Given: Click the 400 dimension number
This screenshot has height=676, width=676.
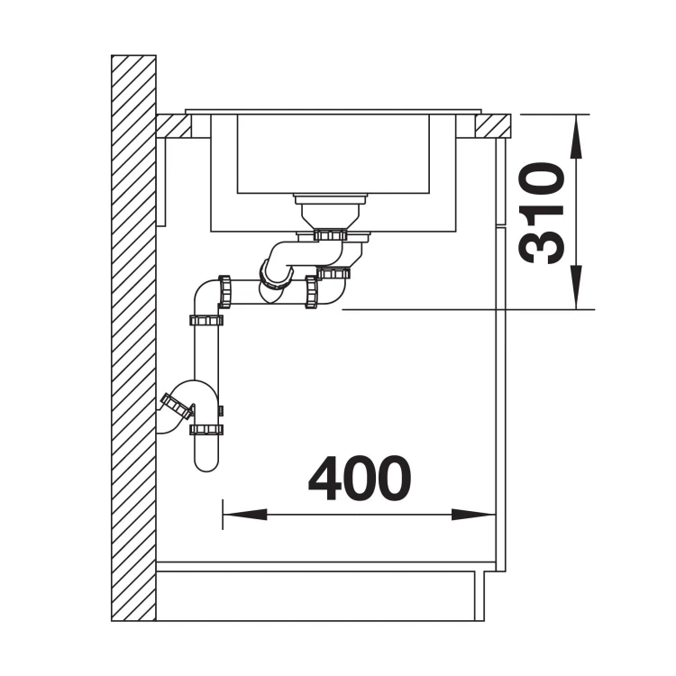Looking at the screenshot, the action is [360, 478].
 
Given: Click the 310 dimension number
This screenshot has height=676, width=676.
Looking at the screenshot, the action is [542, 213].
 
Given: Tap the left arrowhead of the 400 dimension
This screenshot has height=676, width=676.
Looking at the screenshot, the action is [245, 515].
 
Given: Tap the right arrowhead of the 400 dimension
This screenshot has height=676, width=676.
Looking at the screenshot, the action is [473, 515].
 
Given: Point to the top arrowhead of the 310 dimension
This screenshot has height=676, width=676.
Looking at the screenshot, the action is [576, 136].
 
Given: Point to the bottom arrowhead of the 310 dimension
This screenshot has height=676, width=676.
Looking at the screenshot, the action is [576, 288].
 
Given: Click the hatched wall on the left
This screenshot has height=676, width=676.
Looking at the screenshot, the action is [133, 338].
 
